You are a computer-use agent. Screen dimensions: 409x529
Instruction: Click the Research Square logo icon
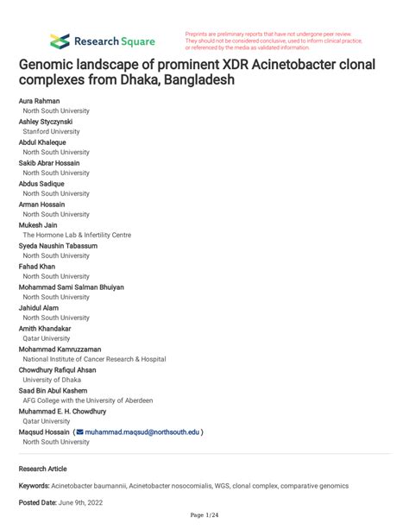(60, 41)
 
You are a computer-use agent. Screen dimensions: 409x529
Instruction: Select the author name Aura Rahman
(41, 101)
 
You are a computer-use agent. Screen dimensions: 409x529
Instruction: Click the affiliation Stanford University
(51, 132)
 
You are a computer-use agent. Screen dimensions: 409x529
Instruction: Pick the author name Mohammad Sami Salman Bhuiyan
(71, 287)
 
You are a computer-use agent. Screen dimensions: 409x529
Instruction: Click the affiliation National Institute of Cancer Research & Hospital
(94, 359)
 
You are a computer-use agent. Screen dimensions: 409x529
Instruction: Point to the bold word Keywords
(35, 486)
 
